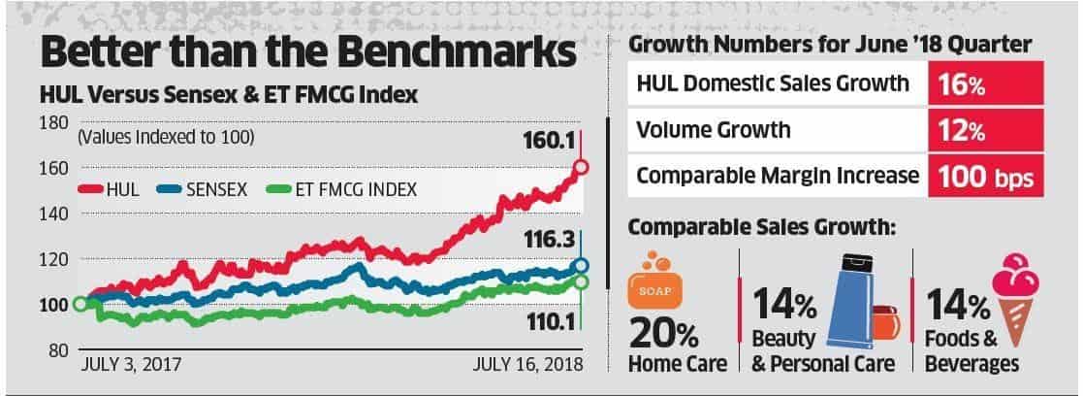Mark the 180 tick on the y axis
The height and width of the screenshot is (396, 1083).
click(53, 122)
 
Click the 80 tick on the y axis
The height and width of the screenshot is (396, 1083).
click(57, 349)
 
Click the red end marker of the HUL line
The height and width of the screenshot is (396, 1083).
click(581, 167)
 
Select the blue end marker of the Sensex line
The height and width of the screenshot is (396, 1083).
click(581, 266)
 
